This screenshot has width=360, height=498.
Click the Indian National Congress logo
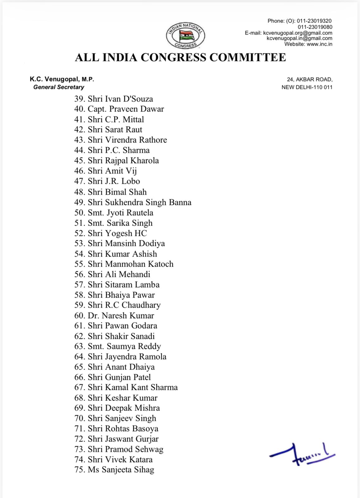186,36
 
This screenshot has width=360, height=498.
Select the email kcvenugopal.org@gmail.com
297,33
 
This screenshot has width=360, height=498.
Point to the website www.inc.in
319,44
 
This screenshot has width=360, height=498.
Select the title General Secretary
59,87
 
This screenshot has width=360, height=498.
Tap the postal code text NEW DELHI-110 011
307,87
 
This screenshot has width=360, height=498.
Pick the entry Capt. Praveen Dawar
126,109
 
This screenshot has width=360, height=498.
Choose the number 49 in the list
79,202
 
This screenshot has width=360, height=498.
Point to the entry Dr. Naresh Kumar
121,316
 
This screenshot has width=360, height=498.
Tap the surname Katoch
160,264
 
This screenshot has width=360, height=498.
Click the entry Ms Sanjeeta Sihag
121,470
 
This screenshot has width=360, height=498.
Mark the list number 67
79,388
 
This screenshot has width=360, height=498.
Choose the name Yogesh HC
126,233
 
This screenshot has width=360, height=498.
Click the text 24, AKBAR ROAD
310,79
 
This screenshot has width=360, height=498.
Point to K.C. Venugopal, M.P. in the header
62,79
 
